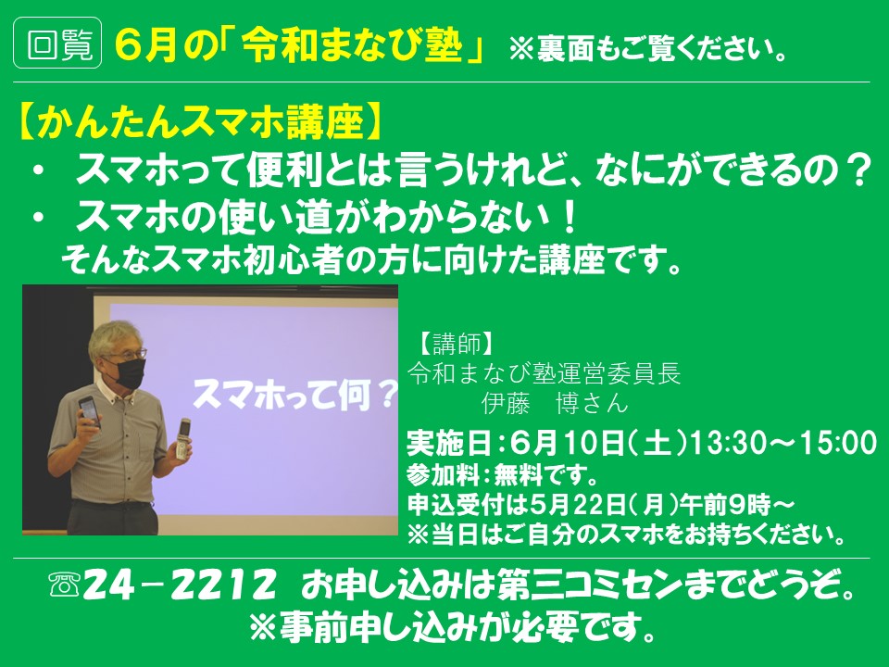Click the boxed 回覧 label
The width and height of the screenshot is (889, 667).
[x=57, y=43]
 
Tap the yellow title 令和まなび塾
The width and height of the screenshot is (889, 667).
[x=353, y=44]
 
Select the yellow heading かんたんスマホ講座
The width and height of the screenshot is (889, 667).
[x=198, y=121]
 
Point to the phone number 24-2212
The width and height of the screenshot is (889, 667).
[x=179, y=586]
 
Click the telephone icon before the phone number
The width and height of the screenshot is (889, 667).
[x=64, y=585]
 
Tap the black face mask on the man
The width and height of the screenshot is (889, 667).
[x=130, y=371]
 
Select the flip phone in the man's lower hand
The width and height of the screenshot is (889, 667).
[x=182, y=438]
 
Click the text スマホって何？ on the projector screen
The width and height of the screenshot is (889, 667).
[x=294, y=395]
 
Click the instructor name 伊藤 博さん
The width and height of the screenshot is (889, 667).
[x=556, y=403]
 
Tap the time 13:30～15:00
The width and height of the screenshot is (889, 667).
[x=783, y=443]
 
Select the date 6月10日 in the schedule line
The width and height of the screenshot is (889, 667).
[x=567, y=443]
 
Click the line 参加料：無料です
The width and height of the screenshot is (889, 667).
[x=502, y=475]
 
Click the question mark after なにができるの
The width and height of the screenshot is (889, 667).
[x=855, y=170]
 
